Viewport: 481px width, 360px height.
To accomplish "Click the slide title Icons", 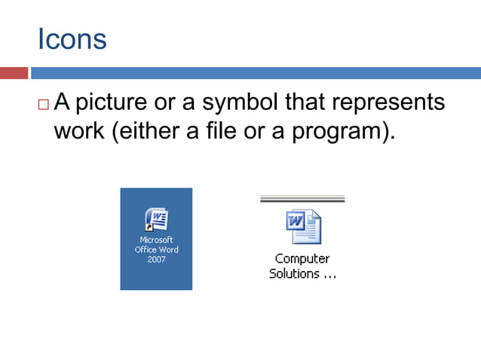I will point(72,39).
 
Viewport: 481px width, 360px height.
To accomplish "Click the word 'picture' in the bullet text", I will point(120,102).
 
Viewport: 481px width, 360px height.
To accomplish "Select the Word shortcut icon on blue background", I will point(156,219).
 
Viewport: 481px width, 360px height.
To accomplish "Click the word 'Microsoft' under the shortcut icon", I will point(156,240).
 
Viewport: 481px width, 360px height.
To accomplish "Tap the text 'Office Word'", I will point(156,250).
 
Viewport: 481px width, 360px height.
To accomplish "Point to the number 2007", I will point(156,260).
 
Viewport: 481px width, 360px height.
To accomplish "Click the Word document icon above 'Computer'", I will point(303,227).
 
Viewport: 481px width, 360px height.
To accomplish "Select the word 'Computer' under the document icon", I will point(302,259).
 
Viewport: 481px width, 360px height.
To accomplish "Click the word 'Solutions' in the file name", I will point(294,273).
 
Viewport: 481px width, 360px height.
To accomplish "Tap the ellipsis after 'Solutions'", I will point(329,276).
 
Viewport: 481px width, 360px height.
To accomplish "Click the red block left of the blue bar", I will point(14,73).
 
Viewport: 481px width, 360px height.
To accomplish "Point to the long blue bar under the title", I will point(256,73).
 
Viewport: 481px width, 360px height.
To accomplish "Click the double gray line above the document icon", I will point(302,199).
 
